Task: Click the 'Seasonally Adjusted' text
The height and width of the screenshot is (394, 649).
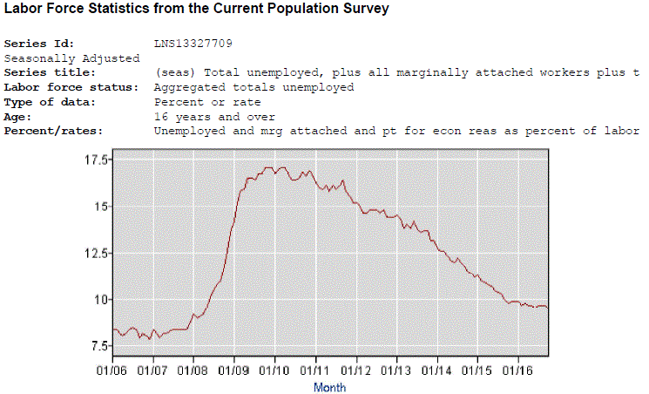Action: click(x=71, y=58)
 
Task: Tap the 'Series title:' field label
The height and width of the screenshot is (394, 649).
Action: click(x=48, y=72)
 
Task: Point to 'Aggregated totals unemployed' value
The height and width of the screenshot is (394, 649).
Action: click(x=254, y=87)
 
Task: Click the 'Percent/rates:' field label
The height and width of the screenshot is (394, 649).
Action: click(x=53, y=131)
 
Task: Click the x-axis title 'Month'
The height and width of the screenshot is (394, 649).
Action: click(x=329, y=387)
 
